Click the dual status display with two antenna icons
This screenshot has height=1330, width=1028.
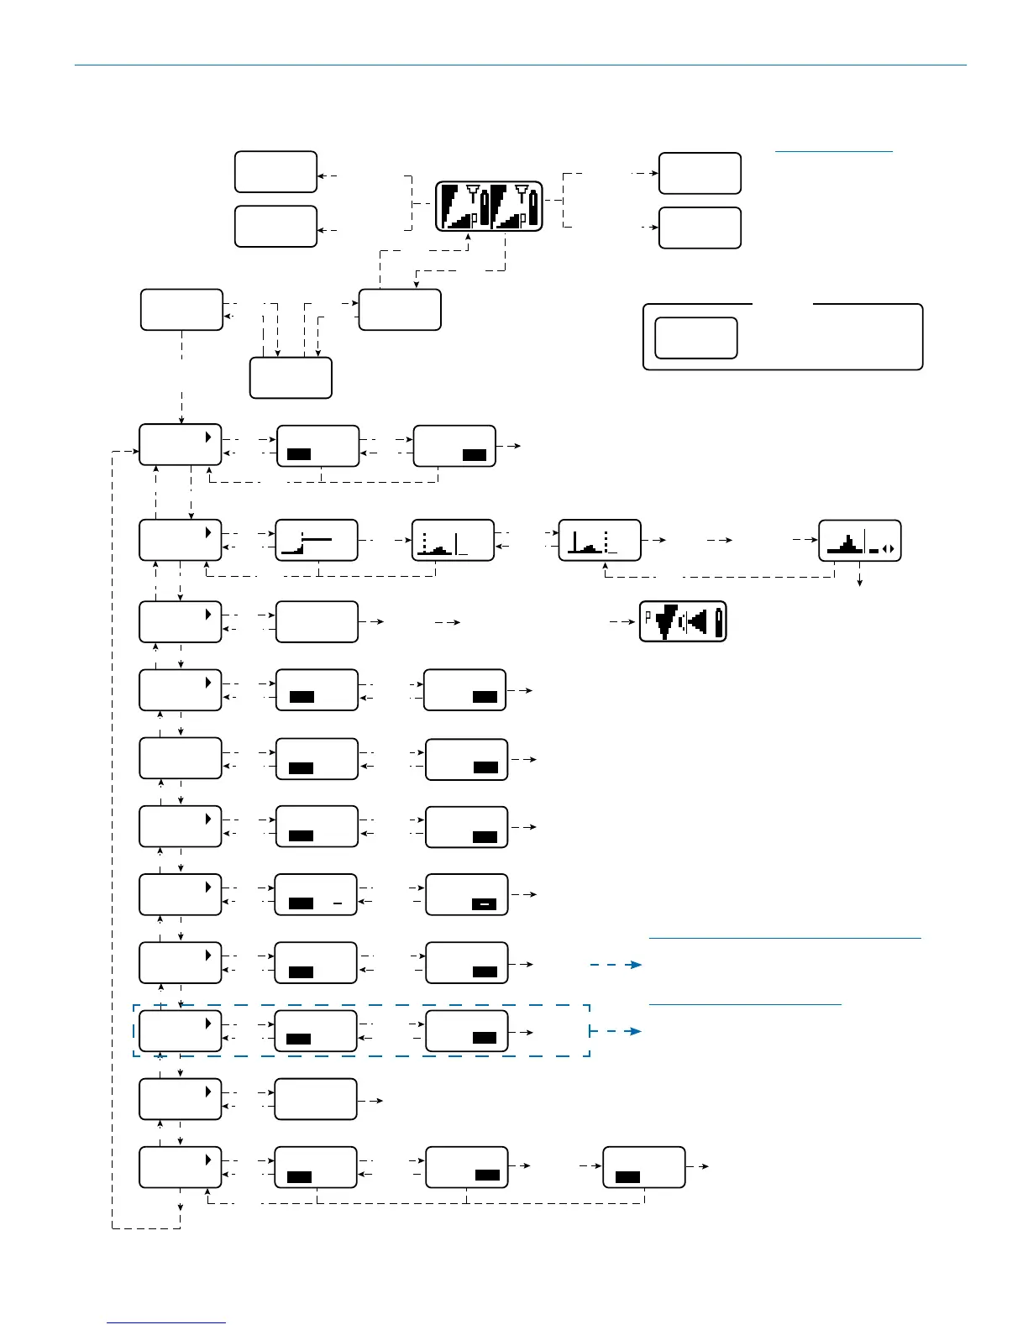point(489,206)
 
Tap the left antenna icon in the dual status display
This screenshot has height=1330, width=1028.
point(472,191)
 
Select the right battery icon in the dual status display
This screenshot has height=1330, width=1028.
point(533,207)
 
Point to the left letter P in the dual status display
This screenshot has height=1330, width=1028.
point(474,218)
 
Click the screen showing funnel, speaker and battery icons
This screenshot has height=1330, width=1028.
point(683,621)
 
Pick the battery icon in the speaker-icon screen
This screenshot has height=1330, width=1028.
point(718,622)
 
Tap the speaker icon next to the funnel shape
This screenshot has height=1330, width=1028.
point(696,622)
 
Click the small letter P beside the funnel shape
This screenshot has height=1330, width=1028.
point(648,616)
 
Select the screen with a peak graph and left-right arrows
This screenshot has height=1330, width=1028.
point(860,541)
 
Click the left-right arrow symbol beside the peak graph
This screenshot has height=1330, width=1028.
point(889,550)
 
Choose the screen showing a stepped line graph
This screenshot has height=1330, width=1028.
point(317,540)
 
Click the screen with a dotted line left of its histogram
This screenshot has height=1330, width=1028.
point(453,540)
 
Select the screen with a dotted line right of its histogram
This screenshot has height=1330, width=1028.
point(600,540)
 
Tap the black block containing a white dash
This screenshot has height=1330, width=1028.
point(484,904)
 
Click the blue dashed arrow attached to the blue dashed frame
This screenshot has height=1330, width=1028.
point(616,1031)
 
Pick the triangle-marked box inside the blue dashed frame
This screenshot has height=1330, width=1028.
point(180,1031)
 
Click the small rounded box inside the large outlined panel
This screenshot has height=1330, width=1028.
point(695,338)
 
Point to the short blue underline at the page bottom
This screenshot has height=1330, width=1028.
point(166,1323)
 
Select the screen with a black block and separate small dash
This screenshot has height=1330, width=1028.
point(317,895)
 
